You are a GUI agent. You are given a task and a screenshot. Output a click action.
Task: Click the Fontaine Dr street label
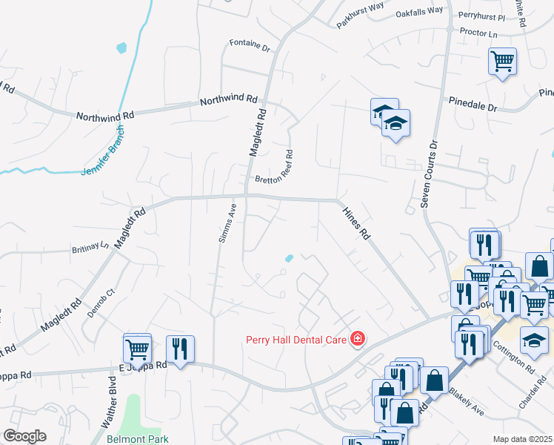250,44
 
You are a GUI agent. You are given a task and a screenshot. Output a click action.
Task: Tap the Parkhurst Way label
360,16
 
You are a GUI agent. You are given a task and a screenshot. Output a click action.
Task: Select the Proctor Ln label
478,33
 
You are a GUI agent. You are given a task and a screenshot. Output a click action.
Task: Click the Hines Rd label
356,222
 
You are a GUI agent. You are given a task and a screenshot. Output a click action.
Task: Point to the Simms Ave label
230,220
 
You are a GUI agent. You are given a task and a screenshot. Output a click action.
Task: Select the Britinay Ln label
90,246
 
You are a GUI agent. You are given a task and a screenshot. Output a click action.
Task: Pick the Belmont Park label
137,438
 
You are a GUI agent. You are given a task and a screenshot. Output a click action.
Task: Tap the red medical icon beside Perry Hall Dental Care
357,339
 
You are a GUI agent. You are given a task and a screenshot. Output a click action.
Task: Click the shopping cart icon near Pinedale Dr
502,60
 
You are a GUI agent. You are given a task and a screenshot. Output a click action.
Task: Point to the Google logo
24,436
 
